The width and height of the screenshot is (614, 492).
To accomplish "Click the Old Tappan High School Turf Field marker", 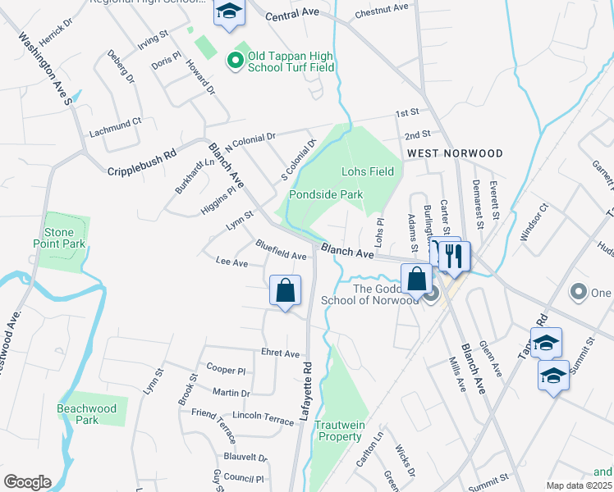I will tap(234, 59).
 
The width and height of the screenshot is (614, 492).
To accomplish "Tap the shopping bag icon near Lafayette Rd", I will tap(285, 291).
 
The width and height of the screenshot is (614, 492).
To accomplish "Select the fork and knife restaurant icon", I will tap(453, 256).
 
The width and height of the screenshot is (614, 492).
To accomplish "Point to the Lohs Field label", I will tap(368, 171).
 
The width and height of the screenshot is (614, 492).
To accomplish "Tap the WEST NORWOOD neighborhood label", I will tap(454, 153).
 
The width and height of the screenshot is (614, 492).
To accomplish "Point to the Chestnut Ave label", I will tap(382, 11).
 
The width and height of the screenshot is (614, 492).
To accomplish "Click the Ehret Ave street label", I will tap(281, 353).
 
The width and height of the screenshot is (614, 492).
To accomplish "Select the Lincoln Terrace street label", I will tap(263, 418).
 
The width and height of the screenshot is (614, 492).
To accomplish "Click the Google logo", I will tap(27, 482).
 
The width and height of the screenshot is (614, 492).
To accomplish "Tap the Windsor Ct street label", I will tap(532, 224).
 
